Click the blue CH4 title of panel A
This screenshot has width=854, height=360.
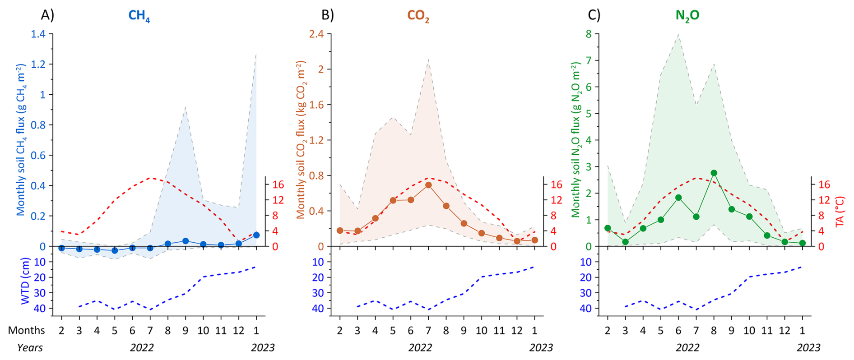tap(139, 16)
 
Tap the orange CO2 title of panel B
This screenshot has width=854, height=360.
tap(418, 16)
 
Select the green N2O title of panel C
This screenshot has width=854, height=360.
tap(687, 16)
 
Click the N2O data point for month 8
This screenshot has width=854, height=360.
tap(714, 173)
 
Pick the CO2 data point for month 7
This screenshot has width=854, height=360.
tap(428, 185)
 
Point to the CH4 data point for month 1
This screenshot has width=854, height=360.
tap(256, 235)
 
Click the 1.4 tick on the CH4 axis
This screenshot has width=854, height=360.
tap(38, 34)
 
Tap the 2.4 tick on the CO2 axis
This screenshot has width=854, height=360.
tap(316, 34)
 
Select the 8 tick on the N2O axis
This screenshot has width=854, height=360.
tap(589, 34)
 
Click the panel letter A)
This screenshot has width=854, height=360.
tap(47, 15)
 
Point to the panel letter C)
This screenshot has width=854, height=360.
tap(594, 15)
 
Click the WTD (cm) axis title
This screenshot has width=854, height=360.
tap(25, 281)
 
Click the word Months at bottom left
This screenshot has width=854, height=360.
tap(26, 330)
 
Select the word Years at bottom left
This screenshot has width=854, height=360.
tap(30, 348)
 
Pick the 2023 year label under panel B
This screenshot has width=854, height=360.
tap(541, 348)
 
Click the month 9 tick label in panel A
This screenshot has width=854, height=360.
tap(185, 330)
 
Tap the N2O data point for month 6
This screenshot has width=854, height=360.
tap(678, 198)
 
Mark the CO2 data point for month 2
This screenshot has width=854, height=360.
tap(340, 231)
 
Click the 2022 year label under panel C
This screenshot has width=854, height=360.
tap(687, 348)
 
